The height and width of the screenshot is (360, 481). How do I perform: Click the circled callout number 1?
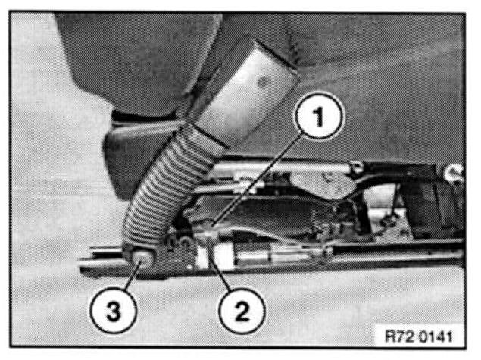[319, 117]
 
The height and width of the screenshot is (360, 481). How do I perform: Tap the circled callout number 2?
[242, 311]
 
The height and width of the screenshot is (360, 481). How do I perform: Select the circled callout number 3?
[113, 311]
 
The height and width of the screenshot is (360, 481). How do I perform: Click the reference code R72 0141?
[419, 337]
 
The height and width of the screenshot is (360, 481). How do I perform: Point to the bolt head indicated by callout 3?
[142, 258]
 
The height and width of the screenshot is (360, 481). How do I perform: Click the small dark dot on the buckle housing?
[264, 82]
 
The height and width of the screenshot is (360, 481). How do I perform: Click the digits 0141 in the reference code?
[436, 337]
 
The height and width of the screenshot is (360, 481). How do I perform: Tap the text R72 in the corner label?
[399, 337]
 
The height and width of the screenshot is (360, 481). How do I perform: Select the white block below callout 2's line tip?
[214, 255]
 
